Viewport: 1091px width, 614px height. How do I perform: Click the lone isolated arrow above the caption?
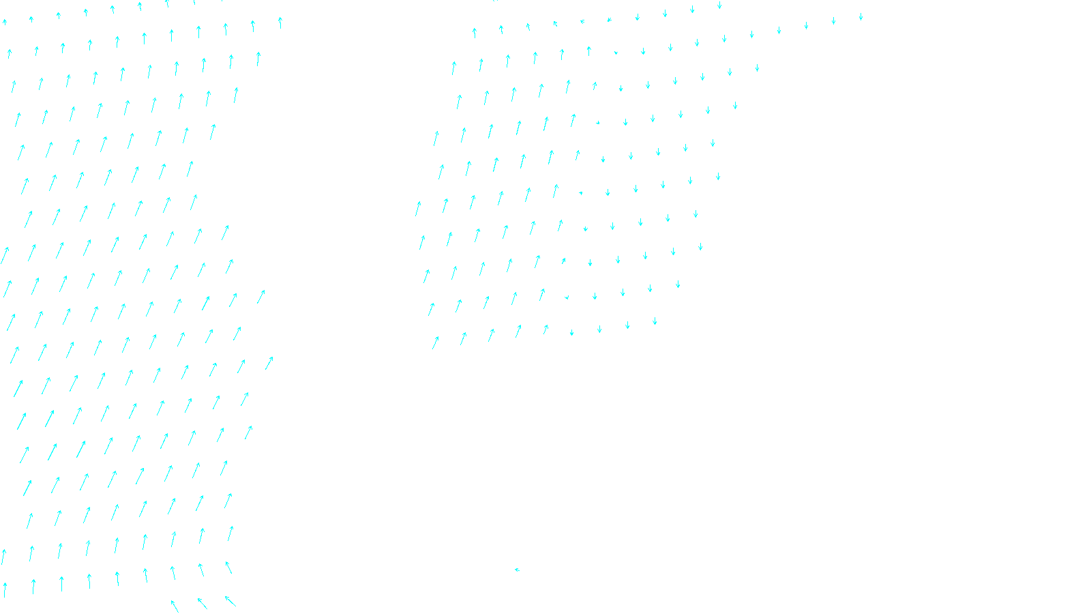click(517, 570)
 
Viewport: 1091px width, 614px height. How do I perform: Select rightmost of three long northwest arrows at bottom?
click(230, 601)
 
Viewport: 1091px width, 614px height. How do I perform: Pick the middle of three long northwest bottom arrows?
click(202, 603)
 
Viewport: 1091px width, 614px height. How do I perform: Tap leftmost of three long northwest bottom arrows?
click(175, 606)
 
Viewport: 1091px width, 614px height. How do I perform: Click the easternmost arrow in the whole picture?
click(861, 16)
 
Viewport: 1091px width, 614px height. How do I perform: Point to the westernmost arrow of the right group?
click(418, 208)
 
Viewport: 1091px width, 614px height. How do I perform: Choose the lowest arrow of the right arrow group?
click(435, 342)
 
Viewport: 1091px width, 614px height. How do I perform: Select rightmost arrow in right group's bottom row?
click(655, 321)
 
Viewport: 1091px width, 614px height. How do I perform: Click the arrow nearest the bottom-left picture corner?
click(5, 589)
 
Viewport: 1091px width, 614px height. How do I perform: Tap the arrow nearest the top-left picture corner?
click(4, 22)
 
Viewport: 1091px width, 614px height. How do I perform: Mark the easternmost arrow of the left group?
click(280, 22)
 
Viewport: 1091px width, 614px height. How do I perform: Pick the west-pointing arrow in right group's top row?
click(582, 21)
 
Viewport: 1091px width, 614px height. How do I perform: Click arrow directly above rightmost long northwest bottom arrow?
click(228, 567)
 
